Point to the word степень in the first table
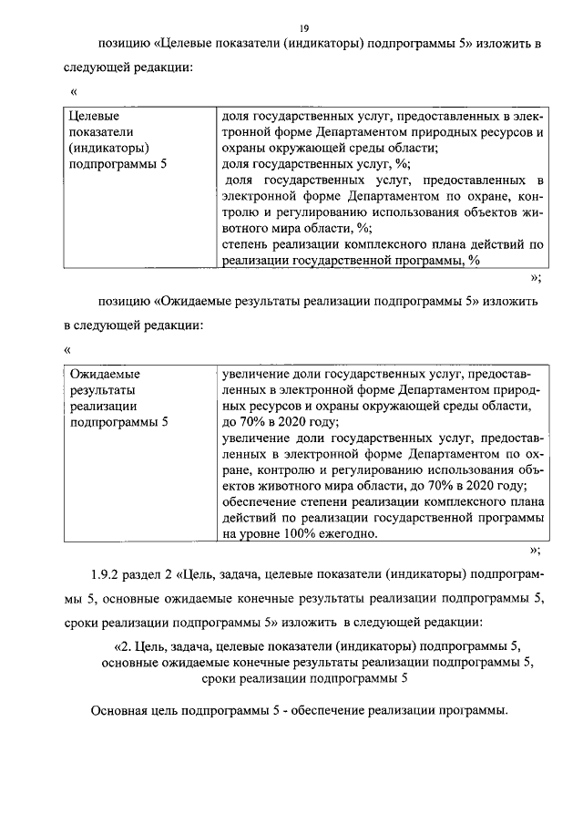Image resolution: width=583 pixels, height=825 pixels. click(246, 243)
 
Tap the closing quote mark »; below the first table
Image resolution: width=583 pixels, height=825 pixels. click(537, 277)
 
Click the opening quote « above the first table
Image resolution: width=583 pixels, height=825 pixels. click(74, 91)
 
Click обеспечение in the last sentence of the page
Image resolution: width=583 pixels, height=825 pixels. click(332, 711)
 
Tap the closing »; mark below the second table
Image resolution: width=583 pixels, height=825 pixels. click(537, 551)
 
